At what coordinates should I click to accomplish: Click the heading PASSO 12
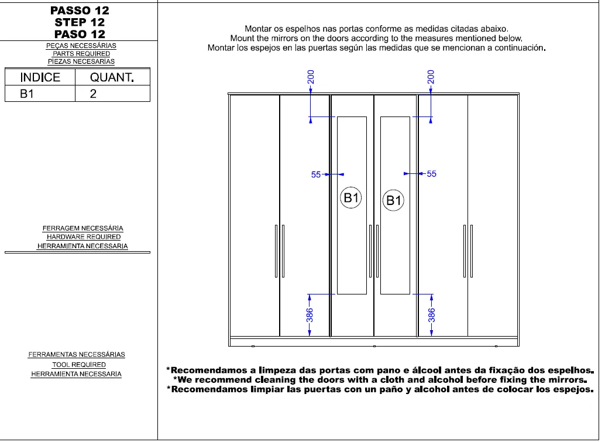79,11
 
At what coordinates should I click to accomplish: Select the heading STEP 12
79,22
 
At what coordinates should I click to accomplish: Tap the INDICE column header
40,77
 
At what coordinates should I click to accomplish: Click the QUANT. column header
112,77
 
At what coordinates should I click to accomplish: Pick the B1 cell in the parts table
27,94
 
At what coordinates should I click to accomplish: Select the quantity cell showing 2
93,94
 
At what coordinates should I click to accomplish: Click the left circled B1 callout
351,198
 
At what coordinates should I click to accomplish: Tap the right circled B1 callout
394,201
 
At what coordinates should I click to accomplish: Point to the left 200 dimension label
311,77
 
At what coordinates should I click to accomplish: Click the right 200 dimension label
431,77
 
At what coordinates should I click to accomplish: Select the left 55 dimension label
316,174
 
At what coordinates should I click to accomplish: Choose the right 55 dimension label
432,174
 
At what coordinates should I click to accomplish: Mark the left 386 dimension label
311,315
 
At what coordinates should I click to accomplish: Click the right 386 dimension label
431,315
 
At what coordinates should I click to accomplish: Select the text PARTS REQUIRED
81,53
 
